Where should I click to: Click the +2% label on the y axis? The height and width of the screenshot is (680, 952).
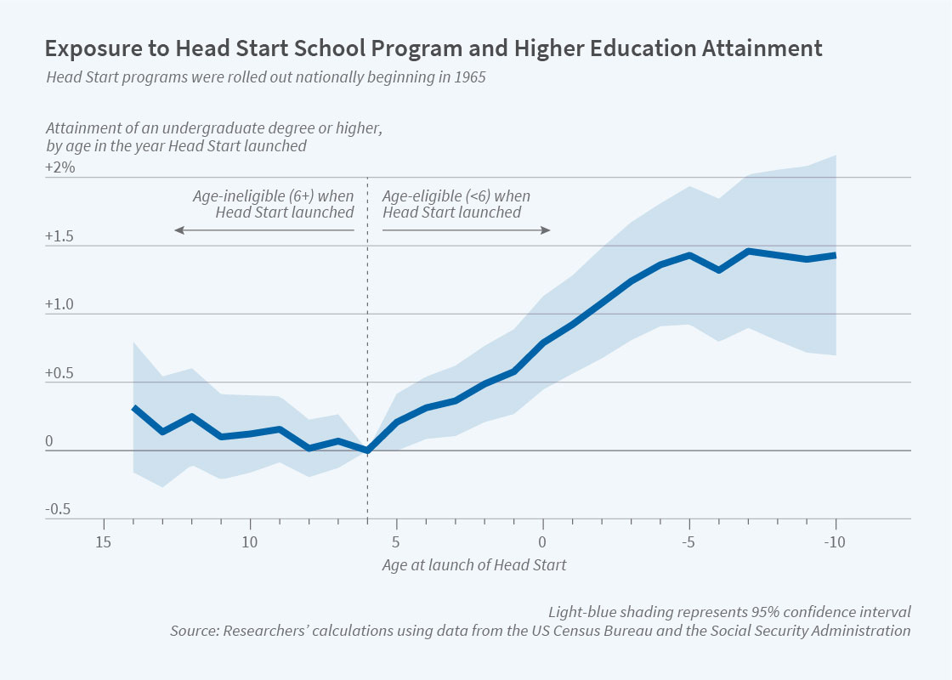click(x=60, y=168)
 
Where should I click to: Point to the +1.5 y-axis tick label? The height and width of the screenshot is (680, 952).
click(x=60, y=236)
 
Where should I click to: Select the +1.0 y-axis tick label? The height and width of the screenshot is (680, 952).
click(x=60, y=305)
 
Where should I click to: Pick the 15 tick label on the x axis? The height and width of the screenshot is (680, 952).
click(x=104, y=542)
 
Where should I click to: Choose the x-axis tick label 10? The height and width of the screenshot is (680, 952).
click(x=250, y=542)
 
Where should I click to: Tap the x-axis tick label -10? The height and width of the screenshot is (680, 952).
click(x=834, y=542)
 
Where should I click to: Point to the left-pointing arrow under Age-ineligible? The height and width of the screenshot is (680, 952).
click(x=263, y=230)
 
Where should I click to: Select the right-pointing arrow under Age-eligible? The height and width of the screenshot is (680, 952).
click(x=467, y=230)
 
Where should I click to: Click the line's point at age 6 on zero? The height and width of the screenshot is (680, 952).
click(x=367, y=450)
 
